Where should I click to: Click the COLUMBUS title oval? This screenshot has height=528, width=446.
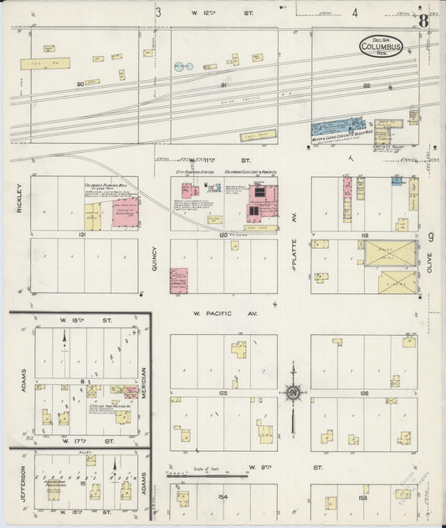click(x=382, y=47)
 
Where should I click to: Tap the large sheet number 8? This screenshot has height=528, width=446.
click(x=424, y=21)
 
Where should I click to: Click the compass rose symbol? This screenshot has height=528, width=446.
click(x=293, y=391)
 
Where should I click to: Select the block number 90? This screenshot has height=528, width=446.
click(x=81, y=84)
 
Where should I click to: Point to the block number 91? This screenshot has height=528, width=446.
click(x=223, y=84)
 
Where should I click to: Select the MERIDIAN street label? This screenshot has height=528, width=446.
click(x=143, y=381)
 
